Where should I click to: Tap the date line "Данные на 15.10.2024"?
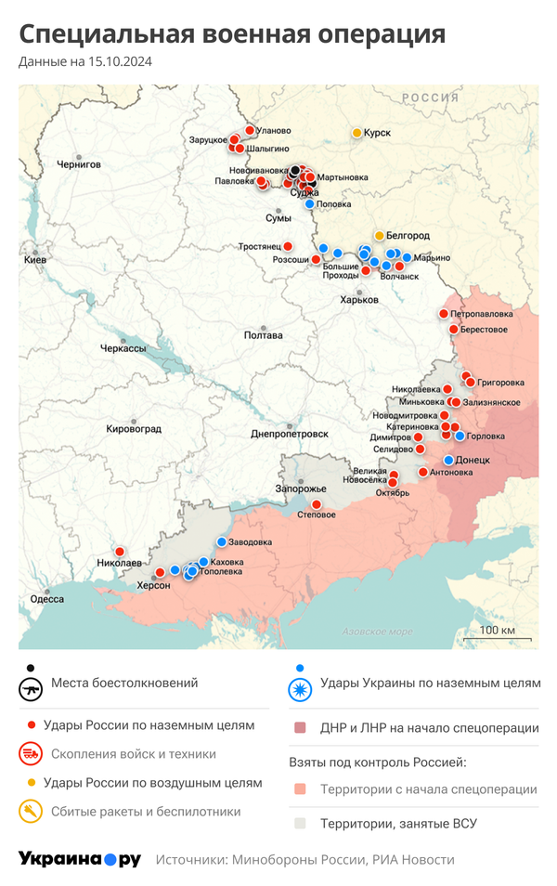(85, 62)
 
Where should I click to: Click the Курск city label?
(377, 133)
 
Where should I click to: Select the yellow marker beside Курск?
(356, 133)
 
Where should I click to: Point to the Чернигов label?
(78, 163)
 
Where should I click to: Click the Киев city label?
(34, 260)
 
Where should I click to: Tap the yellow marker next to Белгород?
(379, 235)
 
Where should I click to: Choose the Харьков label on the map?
(359, 300)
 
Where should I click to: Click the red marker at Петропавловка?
(444, 314)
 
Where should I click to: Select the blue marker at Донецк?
(449, 460)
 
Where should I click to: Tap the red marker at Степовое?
(316, 504)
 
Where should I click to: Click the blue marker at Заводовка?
(221, 542)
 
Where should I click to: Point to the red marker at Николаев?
(119, 551)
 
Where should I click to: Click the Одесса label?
(47, 599)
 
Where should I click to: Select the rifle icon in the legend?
(32, 690)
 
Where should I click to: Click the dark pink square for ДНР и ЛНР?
(299, 728)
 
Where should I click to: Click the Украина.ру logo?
(80, 859)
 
